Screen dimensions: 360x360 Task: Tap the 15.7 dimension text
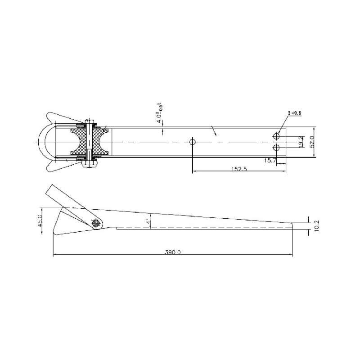click(x=270, y=161)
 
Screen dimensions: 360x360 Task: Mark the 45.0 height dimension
click(x=40, y=222)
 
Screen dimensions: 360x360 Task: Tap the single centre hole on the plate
click(x=193, y=142)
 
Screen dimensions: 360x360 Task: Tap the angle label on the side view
click(x=147, y=222)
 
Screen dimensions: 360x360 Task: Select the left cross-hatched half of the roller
click(x=77, y=142)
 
